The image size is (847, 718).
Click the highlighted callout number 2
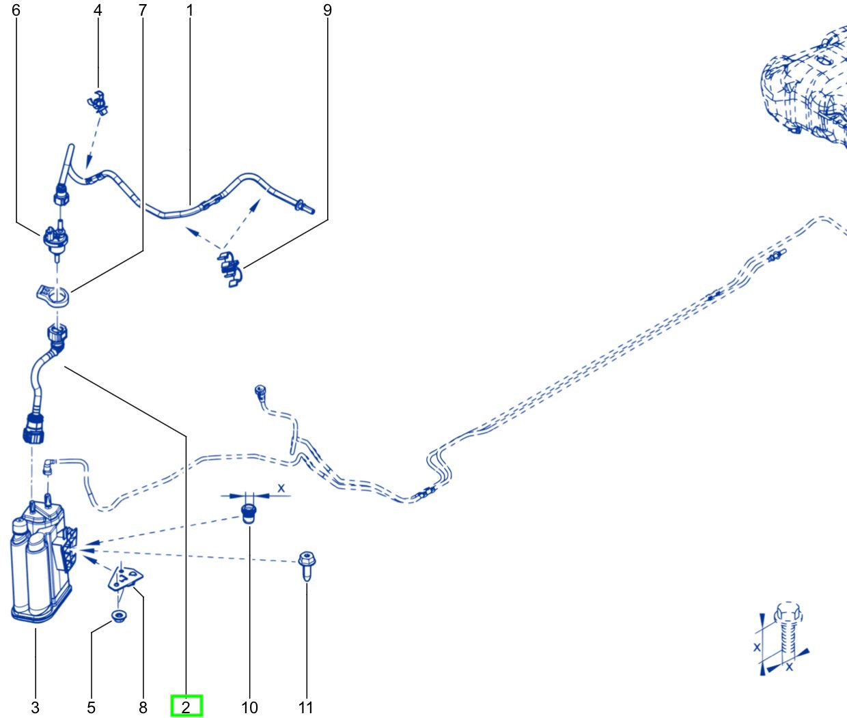tap(186, 707)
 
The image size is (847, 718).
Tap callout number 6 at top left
tap(16, 10)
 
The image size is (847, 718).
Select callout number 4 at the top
tap(98, 10)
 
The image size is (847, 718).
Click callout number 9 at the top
tap(327, 10)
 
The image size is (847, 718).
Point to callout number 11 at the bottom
tap(306, 707)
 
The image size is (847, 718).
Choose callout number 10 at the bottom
tap(249, 707)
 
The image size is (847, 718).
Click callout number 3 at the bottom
tap(36, 707)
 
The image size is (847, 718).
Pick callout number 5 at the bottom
tap(91, 707)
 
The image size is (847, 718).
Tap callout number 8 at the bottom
tap(143, 707)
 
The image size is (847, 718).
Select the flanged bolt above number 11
tap(307, 566)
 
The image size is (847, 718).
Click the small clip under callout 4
tap(99, 103)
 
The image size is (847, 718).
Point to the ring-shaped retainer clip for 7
tap(53, 297)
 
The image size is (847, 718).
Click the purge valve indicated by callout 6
tap(56, 240)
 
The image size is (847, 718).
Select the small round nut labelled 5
tap(119, 616)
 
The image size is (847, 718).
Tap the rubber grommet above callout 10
tap(249, 514)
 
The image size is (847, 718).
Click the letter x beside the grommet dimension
tap(281, 488)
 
